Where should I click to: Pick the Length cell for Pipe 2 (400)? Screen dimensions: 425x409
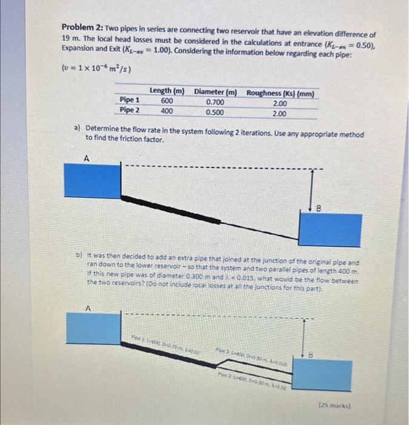pos(166,110)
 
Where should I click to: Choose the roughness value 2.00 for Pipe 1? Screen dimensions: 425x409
pos(279,104)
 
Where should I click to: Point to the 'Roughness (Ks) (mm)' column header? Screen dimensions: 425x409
pos(280,94)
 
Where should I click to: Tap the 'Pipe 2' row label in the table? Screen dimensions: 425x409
pos(130,110)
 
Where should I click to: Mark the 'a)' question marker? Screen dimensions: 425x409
pos(78,129)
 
